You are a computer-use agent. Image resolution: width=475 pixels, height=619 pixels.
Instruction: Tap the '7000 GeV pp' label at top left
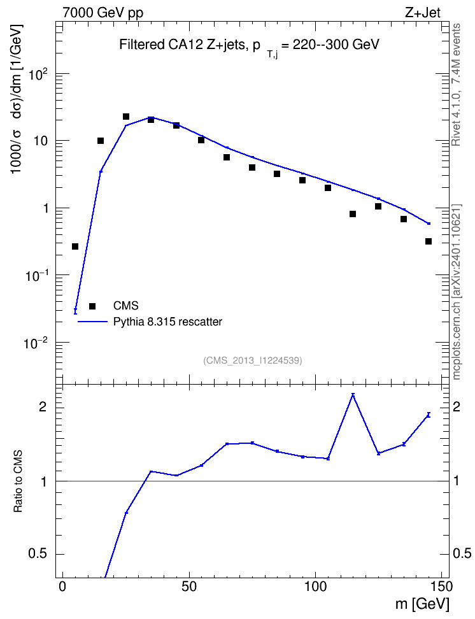tap(103, 13)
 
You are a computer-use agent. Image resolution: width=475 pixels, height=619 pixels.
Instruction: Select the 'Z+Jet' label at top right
tap(423, 13)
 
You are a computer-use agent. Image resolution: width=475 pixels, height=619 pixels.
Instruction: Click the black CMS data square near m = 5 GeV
tap(75, 246)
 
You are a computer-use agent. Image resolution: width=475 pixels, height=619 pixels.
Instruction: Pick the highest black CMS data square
tap(126, 117)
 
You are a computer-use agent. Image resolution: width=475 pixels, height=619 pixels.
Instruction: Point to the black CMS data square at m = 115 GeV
tap(353, 214)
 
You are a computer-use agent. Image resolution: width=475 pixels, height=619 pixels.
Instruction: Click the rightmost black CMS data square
tap(429, 241)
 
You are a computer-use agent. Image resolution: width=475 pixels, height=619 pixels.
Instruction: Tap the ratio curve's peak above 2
tap(353, 394)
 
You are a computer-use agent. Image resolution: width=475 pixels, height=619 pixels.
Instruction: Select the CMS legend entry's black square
tap(92, 306)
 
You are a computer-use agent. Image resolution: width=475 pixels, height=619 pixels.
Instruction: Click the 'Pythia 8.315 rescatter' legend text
tap(167, 322)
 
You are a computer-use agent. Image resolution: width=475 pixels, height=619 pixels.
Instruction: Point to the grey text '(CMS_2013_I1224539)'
tap(253, 360)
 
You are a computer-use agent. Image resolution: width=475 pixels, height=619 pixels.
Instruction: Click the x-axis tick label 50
tap(190, 587)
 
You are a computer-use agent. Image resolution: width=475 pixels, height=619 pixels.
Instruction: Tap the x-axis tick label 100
tap(316, 587)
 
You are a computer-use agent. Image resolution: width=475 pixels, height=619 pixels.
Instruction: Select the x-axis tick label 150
tap(441, 587)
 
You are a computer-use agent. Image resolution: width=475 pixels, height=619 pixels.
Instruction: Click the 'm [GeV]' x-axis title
tap(422, 604)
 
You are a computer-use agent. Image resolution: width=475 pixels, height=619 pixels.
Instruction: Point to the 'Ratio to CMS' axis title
tap(18, 481)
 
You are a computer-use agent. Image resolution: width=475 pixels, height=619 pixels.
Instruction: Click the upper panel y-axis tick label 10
tap(39, 141)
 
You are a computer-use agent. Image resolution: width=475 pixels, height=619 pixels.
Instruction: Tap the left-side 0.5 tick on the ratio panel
tap(38, 554)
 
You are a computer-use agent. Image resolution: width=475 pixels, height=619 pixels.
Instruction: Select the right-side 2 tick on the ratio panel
tap(457, 407)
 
